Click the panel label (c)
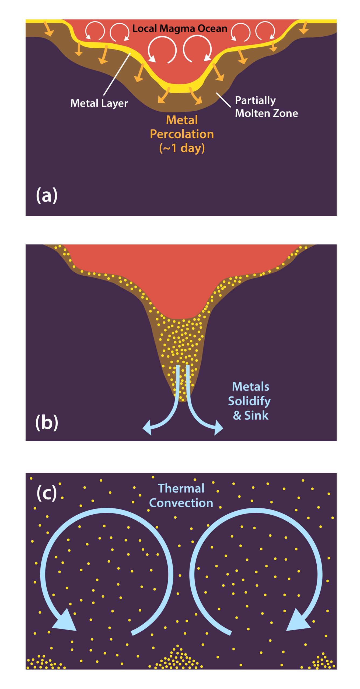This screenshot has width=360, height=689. click(47, 493)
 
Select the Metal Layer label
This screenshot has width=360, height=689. click(99, 103)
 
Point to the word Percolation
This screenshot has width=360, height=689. click(182, 134)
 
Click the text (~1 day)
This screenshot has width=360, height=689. click(182, 148)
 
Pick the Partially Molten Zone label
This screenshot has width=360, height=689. click(267, 107)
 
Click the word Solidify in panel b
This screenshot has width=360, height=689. click(249, 401)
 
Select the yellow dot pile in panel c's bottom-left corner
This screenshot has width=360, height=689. click(46, 662)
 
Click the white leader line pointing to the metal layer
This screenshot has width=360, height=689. click(117, 74)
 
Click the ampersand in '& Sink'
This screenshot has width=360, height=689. click(237, 416)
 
